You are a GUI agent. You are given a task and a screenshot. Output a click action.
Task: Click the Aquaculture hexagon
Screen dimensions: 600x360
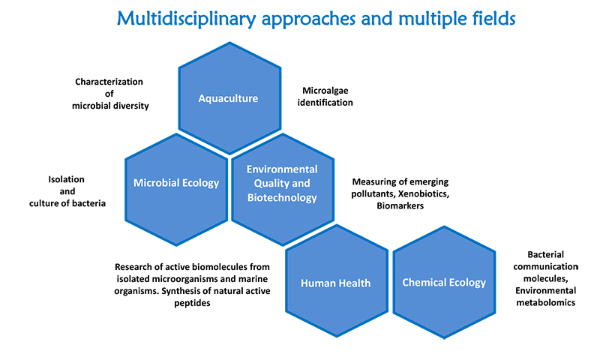pyautogui.click(x=230, y=98)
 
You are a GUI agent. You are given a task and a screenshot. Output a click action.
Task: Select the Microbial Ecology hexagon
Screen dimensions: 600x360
pyautogui.click(x=176, y=189)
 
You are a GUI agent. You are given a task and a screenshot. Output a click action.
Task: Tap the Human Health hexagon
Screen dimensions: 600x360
pyautogui.click(x=337, y=280)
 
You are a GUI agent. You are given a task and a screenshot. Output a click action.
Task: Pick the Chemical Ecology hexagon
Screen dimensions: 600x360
pyautogui.click(x=444, y=282)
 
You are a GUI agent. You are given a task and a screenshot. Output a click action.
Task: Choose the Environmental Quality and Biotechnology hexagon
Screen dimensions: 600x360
pyautogui.click(x=283, y=189)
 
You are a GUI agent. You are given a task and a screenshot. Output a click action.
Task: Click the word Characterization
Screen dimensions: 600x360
pyautogui.click(x=109, y=82)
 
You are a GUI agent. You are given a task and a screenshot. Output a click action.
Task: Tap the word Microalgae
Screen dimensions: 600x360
pyautogui.click(x=325, y=91)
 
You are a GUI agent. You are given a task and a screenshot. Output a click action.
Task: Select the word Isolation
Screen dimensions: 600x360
pyautogui.click(x=66, y=179)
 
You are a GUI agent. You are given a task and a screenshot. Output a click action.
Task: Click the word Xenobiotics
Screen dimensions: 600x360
pyautogui.click(x=424, y=193)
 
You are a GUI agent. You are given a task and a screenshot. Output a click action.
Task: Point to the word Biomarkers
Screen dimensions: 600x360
pyautogui.click(x=400, y=205)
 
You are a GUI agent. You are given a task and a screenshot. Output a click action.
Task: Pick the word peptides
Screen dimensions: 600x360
pyautogui.click(x=192, y=303)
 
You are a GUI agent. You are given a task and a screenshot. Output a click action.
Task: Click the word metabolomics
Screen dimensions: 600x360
pyautogui.click(x=546, y=302)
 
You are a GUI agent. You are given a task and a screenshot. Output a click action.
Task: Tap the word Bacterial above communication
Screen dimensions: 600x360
pyautogui.click(x=546, y=254)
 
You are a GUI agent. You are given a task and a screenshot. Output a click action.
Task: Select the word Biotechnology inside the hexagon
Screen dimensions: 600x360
pyautogui.click(x=282, y=198)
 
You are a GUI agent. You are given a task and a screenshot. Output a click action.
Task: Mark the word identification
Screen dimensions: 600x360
pyautogui.click(x=325, y=103)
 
